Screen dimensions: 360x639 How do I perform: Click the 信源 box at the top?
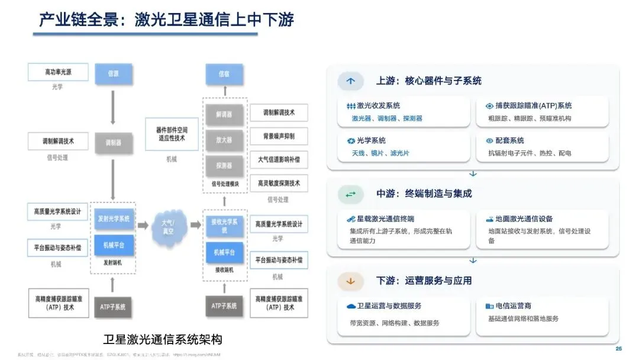[114, 73]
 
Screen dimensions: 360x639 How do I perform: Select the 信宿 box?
[224, 74]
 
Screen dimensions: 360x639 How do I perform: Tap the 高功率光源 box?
[58, 72]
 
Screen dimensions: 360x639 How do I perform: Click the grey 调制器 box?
[114, 143]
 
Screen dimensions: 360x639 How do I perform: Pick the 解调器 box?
[224, 114]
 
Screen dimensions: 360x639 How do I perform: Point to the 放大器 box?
[224, 140]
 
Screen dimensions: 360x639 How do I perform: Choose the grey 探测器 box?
[224, 165]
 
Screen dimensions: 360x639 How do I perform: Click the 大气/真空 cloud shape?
[169, 226]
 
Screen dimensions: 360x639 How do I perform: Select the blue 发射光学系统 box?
[114, 218]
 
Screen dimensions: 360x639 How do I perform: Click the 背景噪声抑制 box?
[279, 136]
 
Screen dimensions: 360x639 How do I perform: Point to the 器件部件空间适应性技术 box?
[172, 133]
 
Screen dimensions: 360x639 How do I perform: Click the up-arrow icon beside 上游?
[351, 81]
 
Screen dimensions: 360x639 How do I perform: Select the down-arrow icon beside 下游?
[351, 281]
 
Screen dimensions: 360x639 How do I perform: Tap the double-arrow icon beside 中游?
[351, 194]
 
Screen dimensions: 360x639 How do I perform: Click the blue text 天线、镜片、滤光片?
[380, 153]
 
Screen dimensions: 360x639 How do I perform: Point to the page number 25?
[619, 348]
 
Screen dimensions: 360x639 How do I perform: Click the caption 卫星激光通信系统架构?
[162, 340]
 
